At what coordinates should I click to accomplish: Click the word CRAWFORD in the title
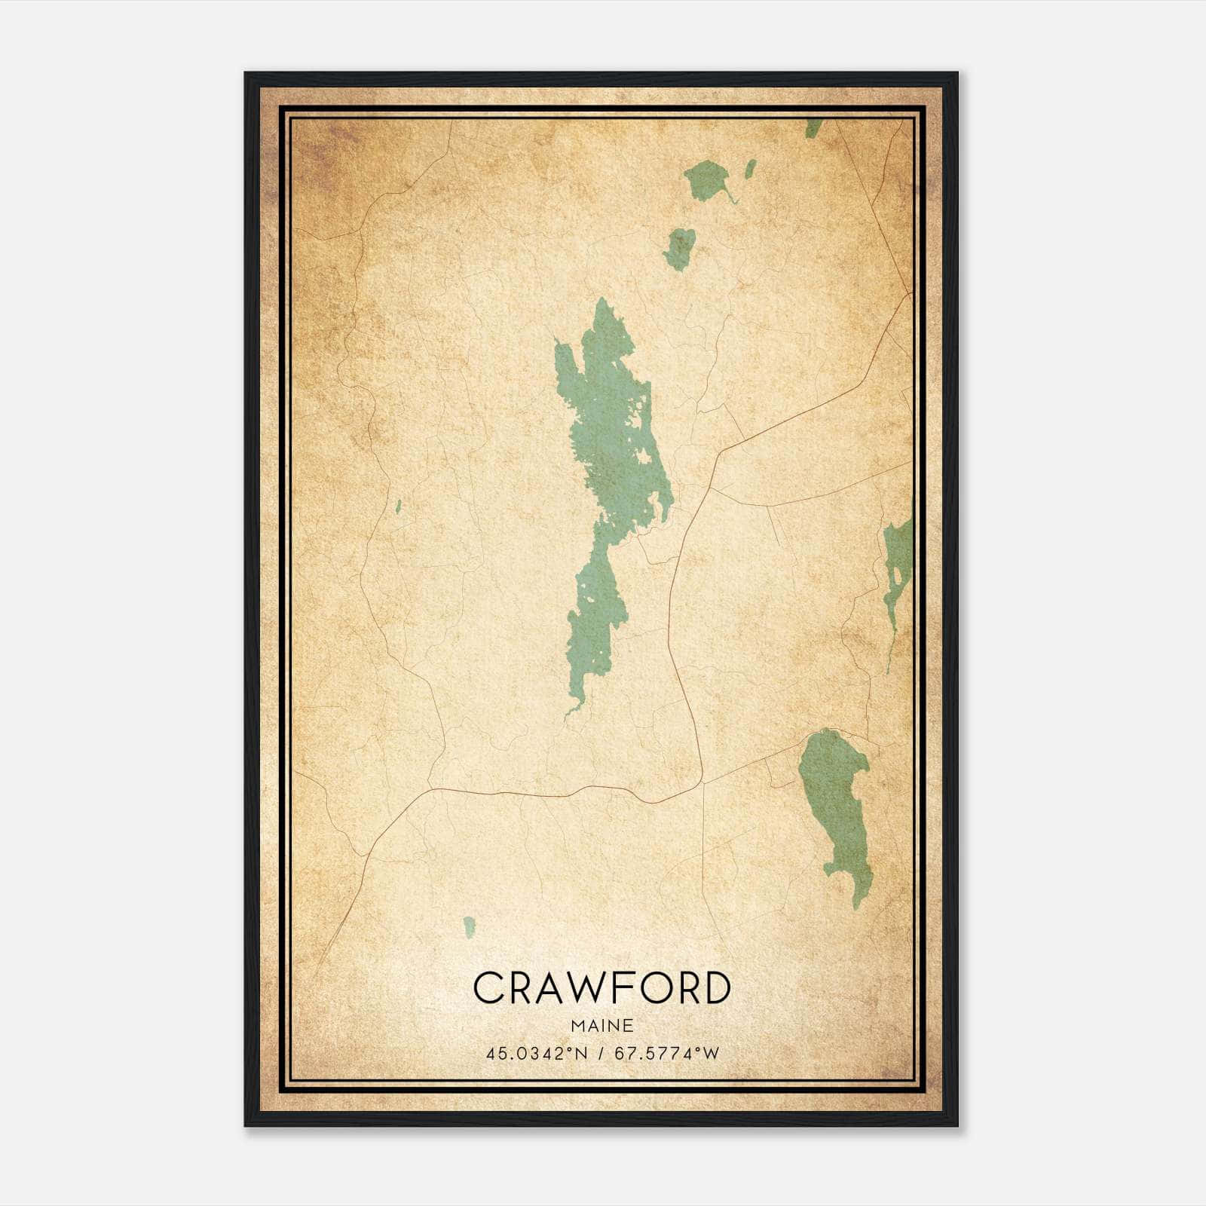(x=601, y=987)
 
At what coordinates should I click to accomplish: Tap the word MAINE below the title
(x=601, y=1025)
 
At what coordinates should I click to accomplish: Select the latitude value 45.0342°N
(x=536, y=1054)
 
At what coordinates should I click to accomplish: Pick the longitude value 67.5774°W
(x=667, y=1054)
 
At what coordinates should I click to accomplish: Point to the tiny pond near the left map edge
(x=398, y=507)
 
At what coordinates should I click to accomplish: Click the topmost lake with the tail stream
(x=706, y=179)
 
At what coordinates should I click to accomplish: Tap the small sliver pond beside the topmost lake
(x=750, y=169)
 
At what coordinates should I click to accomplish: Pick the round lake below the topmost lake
(x=680, y=249)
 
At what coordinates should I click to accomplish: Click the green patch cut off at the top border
(x=813, y=128)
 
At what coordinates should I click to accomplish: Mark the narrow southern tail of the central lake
(x=571, y=709)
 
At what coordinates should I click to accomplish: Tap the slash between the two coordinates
(x=601, y=1054)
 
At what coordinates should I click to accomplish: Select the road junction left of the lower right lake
(x=702, y=782)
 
